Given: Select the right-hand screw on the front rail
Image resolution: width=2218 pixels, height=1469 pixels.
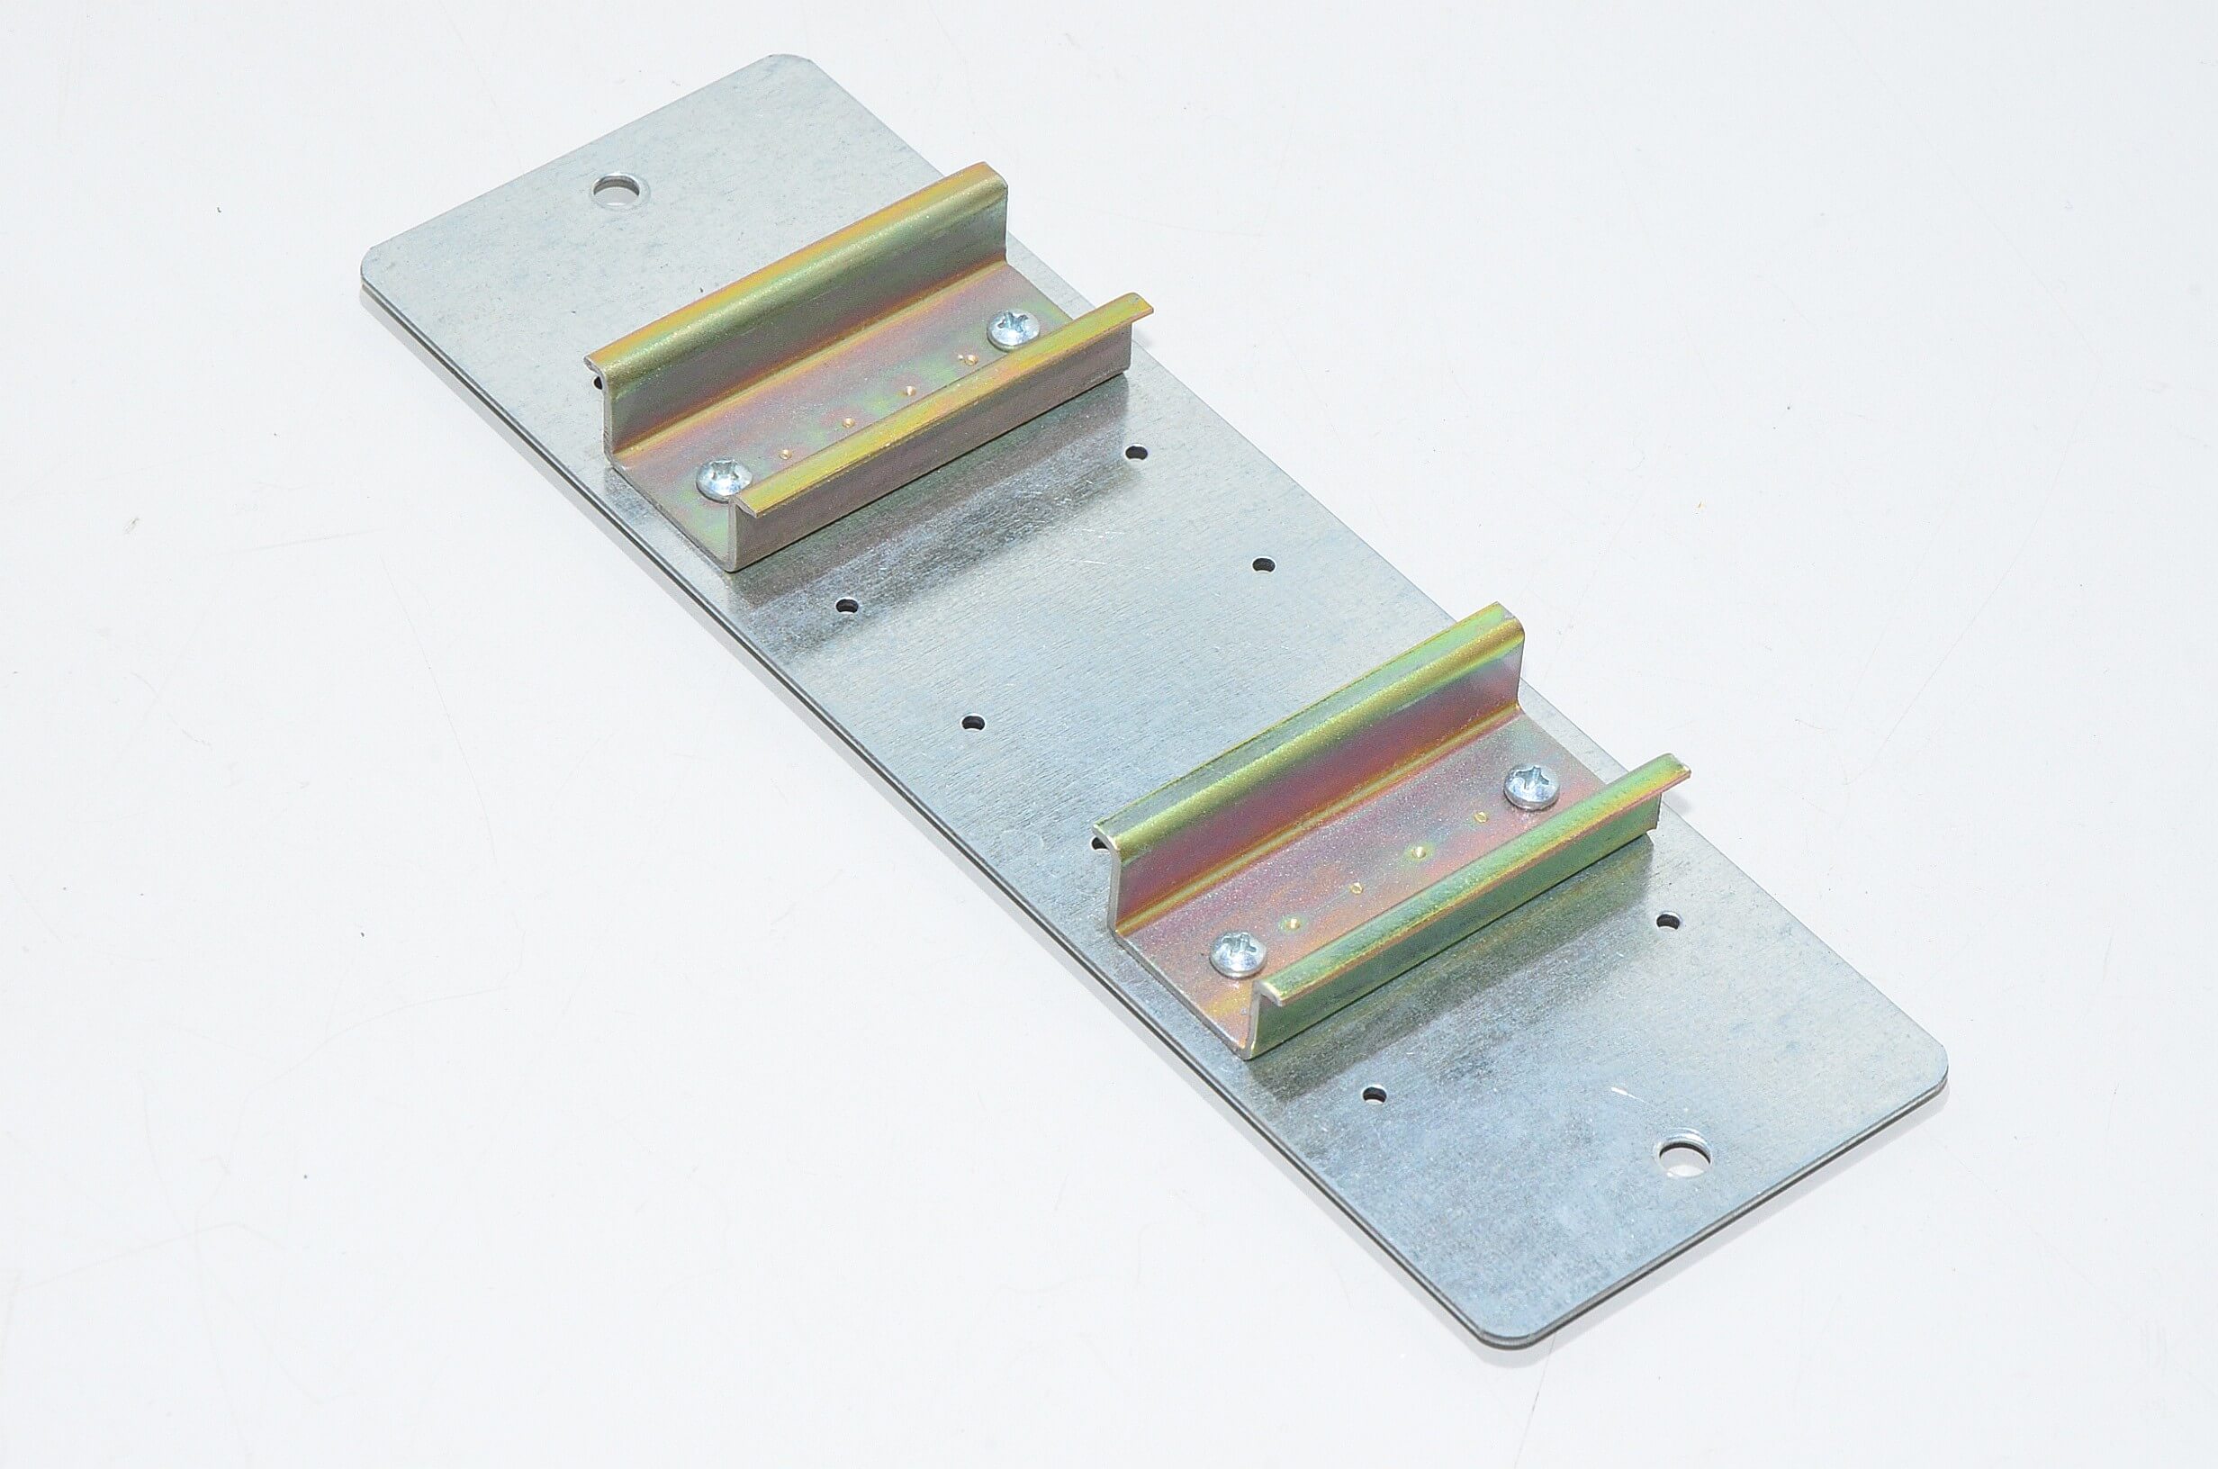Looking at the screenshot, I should coord(1531,786).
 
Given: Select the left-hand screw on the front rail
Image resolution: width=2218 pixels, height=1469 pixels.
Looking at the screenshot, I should coord(1240,954).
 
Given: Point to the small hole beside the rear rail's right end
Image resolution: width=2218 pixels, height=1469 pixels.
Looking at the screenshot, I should coord(1136,454).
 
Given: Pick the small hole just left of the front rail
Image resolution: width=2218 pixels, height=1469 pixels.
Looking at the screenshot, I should coord(974,724).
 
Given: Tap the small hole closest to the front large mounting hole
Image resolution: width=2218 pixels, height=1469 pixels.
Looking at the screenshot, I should coord(1374,1094).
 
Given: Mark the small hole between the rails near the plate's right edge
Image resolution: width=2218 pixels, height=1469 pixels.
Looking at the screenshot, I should coord(1264,566).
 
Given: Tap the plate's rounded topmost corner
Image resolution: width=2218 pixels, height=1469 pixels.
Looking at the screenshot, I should coord(787,64).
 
